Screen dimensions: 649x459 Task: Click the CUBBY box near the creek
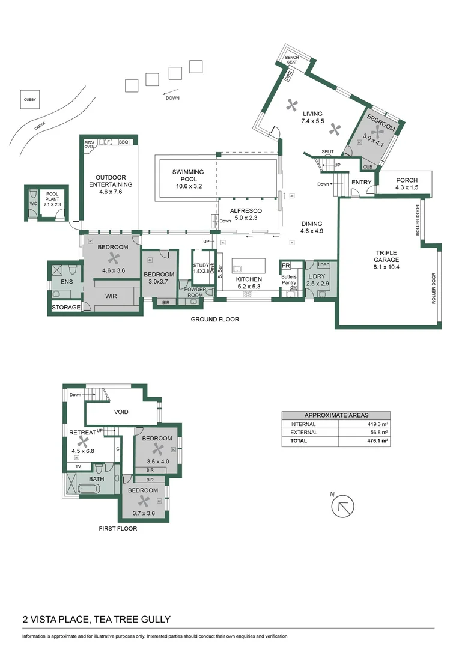pyautogui.click(x=30, y=100)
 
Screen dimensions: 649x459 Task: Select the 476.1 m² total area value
pyautogui.click(x=378, y=440)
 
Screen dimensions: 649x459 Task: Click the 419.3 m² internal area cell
pyautogui.click(x=378, y=424)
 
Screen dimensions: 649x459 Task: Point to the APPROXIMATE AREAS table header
pyautogui.click(x=336, y=415)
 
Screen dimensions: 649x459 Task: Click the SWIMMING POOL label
pyautogui.click(x=188, y=175)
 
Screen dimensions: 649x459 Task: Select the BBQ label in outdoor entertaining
pyautogui.click(x=124, y=142)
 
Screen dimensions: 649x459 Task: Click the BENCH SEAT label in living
pyautogui.click(x=292, y=59)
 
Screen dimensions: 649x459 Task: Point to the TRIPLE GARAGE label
pyautogui.click(x=387, y=257)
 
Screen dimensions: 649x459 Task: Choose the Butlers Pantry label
pyautogui.click(x=289, y=280)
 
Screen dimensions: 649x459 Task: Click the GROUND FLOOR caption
pyautogui.click(x=215, y=320)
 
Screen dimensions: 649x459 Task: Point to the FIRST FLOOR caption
pyautogui.click(x=118, y=529)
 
